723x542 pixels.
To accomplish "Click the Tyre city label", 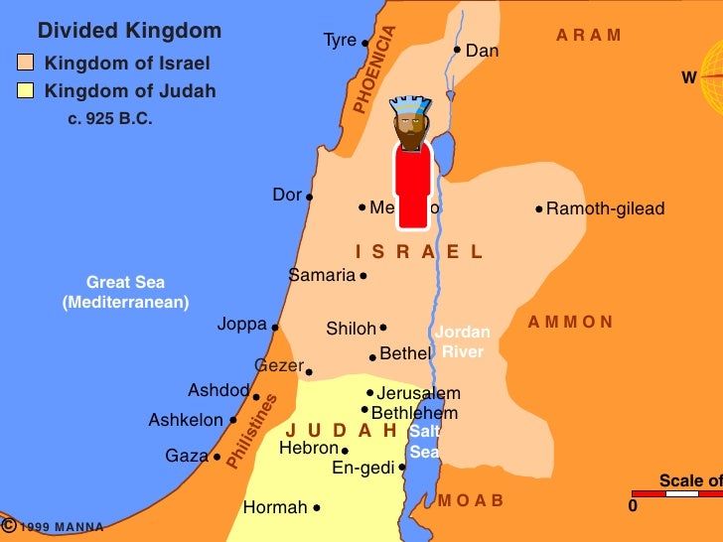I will [340, 41].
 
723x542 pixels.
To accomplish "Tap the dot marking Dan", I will [457, 50].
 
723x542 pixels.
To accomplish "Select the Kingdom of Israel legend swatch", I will [26, 64].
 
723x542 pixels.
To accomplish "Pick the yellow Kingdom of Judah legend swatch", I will [26, 91].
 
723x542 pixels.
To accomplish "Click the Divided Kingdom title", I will [129, 31].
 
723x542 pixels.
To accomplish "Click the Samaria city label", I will [322, 275].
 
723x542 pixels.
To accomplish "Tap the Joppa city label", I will [242, 325].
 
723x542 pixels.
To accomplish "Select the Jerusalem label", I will [418, 393].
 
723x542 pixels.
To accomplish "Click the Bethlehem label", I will [414, 413].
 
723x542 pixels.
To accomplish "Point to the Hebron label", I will [309, 449].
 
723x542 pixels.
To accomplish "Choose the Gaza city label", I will [187, 456].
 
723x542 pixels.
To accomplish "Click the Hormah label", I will [275, 507].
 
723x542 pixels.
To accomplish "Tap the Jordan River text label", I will [462, 341].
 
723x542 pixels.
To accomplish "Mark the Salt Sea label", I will [424, 442].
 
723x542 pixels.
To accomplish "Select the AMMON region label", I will [570, 322].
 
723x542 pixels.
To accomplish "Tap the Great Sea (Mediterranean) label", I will [125, 292].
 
